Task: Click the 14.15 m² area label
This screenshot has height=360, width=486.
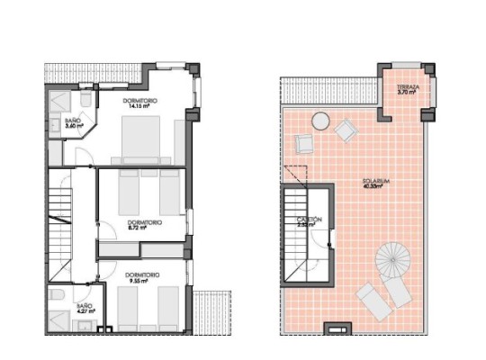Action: point(139,106)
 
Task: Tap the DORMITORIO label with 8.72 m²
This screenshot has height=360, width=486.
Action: point(145,222)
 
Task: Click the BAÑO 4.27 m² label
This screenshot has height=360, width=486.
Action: point(85,311)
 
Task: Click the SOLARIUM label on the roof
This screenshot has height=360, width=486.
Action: point(374,181)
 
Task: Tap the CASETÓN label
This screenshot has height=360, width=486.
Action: point(310,220)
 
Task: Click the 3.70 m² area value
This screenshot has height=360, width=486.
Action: point(408,93)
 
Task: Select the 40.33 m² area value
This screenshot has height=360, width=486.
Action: point(374,187)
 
